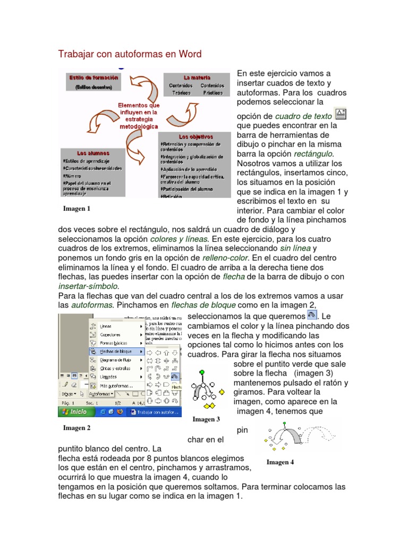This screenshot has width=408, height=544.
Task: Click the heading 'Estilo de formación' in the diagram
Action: tap(93, 77)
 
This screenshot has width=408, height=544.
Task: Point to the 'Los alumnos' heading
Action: tap(93, 153)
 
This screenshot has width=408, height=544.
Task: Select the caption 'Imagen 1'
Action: tap(76, 209)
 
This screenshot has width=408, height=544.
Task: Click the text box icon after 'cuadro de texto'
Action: tap(341, 114)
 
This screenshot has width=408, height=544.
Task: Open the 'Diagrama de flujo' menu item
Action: tap(116, 360)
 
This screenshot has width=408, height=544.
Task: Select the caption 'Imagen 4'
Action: tap(280, 462)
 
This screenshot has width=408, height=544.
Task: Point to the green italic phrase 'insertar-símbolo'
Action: tap(88, 286)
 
